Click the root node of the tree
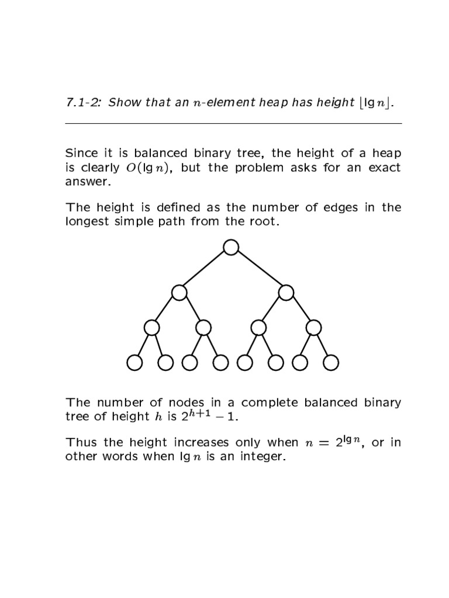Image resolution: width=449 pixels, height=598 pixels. click(x=231, y=248)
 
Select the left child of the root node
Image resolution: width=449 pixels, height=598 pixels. click(x=179, y=292)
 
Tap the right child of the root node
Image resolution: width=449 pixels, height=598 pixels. click(x=286, y=292)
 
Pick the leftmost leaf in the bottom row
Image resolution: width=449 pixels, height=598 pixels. click(x=135, y=363)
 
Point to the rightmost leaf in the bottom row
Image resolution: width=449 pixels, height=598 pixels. click(x=330, y=363)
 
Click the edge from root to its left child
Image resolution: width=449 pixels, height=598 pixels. click(x=205, y=270)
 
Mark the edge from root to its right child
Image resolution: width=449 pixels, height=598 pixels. click(x=258, y=270)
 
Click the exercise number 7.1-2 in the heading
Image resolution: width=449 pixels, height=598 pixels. click(x=83, y=104)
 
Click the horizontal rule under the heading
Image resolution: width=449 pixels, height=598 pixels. click(x=233, y=124)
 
